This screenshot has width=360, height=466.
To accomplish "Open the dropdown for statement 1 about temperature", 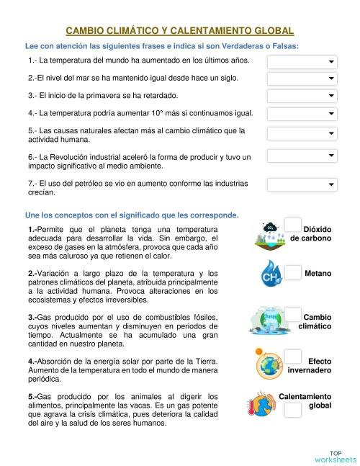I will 302,61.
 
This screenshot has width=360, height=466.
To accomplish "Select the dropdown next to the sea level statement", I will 302,78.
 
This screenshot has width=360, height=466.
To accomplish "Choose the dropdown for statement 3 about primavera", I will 302,95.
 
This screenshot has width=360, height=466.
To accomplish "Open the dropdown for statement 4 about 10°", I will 302,113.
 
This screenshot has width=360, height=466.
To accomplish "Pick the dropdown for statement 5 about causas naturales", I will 302,134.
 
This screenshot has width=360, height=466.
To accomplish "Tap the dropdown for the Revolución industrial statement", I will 302,156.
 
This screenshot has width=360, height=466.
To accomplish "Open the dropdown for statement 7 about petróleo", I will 302,185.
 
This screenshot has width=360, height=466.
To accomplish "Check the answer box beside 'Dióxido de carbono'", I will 293,225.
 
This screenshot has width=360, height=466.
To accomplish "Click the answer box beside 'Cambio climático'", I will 293,314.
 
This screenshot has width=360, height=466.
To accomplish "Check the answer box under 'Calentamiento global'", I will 293,411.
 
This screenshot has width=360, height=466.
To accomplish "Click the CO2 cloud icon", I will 271,231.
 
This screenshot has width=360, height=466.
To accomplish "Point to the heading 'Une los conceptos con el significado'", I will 132,215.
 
